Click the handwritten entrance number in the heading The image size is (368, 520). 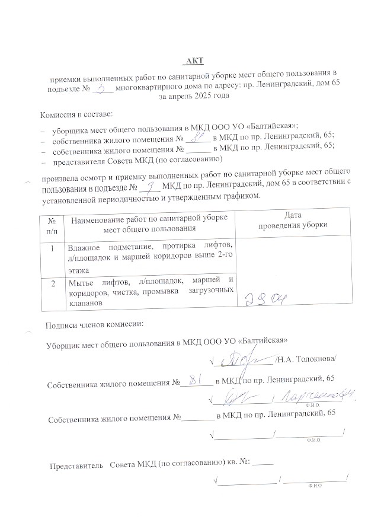click(x=105, y=87)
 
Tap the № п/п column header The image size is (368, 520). click(x=52, y=221)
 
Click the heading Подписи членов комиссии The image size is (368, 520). click(x=94, y=324)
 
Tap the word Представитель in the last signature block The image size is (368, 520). click(x=73, y=462)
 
